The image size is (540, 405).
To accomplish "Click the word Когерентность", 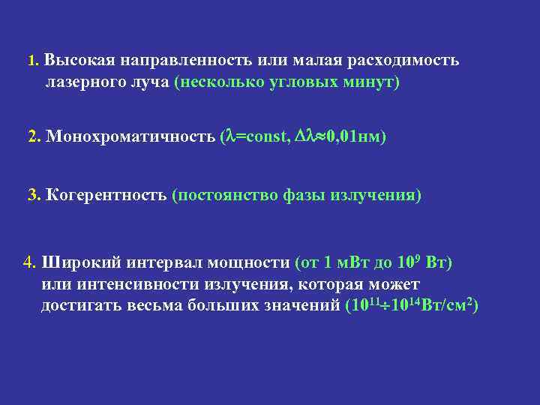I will click(106, 196).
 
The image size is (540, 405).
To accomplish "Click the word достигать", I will click(80, 306).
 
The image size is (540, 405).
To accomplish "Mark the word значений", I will click(297, 306).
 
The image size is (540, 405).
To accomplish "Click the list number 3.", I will click(33, 196).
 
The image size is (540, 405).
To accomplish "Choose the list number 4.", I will click(30, 262).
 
